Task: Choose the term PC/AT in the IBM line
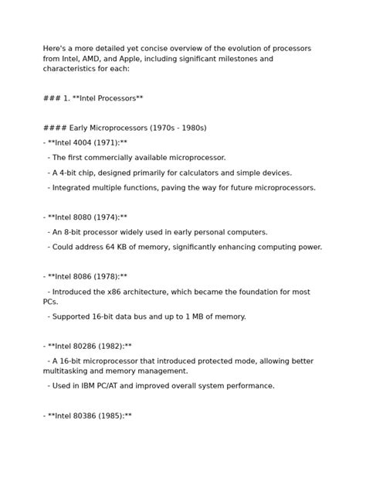tap(117, 385)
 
